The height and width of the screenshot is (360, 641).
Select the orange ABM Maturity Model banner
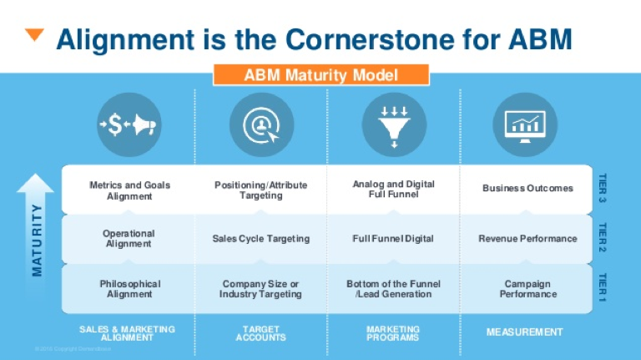pos(320,75)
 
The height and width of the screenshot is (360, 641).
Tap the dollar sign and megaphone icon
pos(129,125)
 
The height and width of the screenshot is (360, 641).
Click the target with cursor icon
pos(260,125)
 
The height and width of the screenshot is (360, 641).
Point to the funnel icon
pos(392,125)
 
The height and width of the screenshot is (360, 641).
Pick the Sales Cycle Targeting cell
pos(260,239)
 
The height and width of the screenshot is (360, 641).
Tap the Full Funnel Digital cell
pos(392,239)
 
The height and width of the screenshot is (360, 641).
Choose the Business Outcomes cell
pos(527,189)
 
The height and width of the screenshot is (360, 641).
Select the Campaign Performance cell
pos(527,289)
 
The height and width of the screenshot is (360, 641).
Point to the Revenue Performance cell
pos(527,239)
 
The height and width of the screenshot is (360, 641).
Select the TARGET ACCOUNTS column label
pos(260,333)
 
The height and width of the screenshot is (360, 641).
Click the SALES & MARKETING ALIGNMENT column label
pos(128,333)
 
